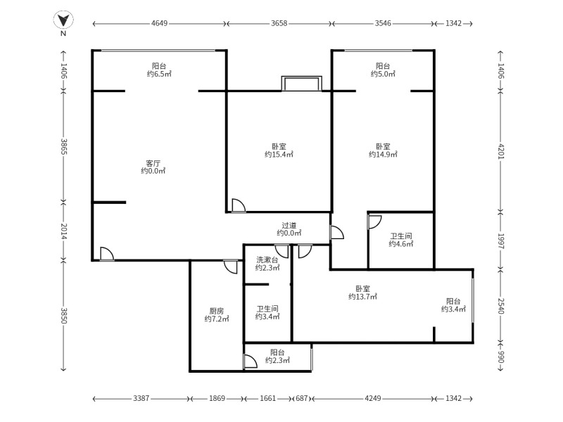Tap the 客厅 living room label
(153, 162)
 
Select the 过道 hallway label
(289, 224)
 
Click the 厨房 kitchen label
(216, 310)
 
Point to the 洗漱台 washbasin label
(267, 260)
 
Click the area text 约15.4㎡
(279, 154)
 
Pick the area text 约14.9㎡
(383, 154)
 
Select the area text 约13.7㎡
(362, 297)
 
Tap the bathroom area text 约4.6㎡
(400, 244)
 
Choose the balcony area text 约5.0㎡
(383, 73)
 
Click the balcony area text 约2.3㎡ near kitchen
(278, 360)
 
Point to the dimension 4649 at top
(160, 23)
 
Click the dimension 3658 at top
(279, 23)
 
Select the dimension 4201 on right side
(501, 151)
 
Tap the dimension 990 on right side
(501, 357)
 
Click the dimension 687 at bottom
(301, 399)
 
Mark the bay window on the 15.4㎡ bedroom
(301, 84)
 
